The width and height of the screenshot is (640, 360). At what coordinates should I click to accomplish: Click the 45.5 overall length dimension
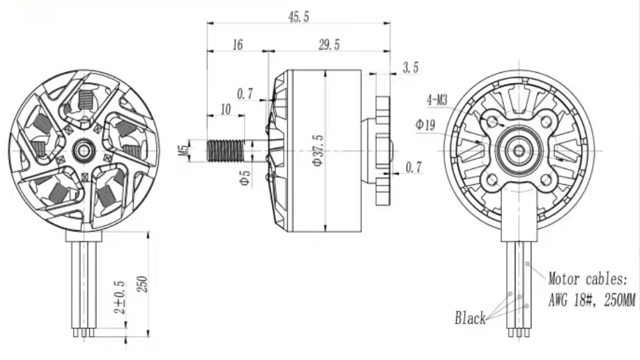298,17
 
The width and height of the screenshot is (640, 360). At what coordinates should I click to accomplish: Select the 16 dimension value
237,45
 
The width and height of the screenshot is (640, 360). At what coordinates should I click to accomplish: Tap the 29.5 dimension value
329,45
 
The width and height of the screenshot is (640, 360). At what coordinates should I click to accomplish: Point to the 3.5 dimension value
410,68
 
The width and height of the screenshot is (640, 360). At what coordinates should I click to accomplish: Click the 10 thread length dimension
225,109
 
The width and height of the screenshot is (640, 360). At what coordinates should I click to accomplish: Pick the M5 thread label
182,150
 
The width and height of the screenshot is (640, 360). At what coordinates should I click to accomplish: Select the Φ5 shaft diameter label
245,178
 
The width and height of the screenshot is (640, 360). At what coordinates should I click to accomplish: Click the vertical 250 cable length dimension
141,284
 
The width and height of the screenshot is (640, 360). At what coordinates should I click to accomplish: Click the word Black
470,319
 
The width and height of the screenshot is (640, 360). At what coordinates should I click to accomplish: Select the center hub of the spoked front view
84,150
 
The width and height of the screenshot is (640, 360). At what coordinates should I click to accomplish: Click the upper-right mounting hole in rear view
546,122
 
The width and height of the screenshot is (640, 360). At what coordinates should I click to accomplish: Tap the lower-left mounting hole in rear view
492,179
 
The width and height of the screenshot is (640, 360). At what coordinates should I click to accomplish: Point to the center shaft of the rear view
519,150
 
